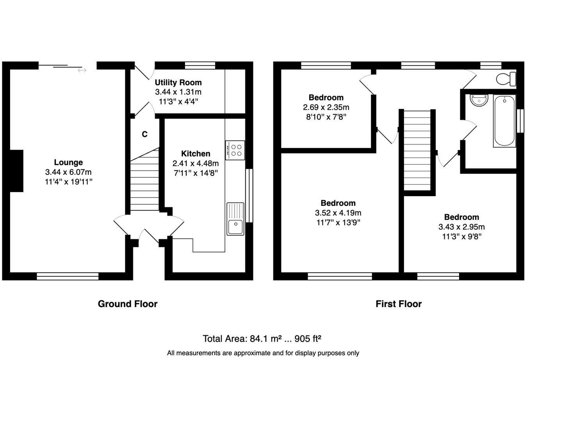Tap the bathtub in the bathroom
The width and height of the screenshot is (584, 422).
click(x=504, y=121)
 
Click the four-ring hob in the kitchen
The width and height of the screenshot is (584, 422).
click(x=235, y=150)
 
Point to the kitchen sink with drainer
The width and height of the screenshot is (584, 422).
click(x=235, y=219)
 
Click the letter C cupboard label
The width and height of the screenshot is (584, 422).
click(x=144, y=134)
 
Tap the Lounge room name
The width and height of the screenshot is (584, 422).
click(x=68, y=162)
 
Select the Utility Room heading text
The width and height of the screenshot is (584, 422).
click(x=178, y=82)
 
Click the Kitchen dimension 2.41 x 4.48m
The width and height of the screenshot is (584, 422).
click(x=196, y=163)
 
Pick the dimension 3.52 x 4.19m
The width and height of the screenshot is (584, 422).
click(x=338, y=213)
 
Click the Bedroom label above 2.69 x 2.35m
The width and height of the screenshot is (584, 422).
click(x=326, y=97)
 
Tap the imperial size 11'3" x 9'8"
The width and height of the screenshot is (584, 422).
click(x=461, y=236)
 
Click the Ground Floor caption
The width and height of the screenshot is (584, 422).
click(x=128, y=304)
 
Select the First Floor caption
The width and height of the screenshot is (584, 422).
click(x=399, y=304)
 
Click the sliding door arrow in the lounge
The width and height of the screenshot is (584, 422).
click(x=82, y=70)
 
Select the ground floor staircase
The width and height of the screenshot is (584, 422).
click(x=144, y=184)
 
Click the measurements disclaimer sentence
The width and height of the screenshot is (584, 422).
click(x=263, y=353)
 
